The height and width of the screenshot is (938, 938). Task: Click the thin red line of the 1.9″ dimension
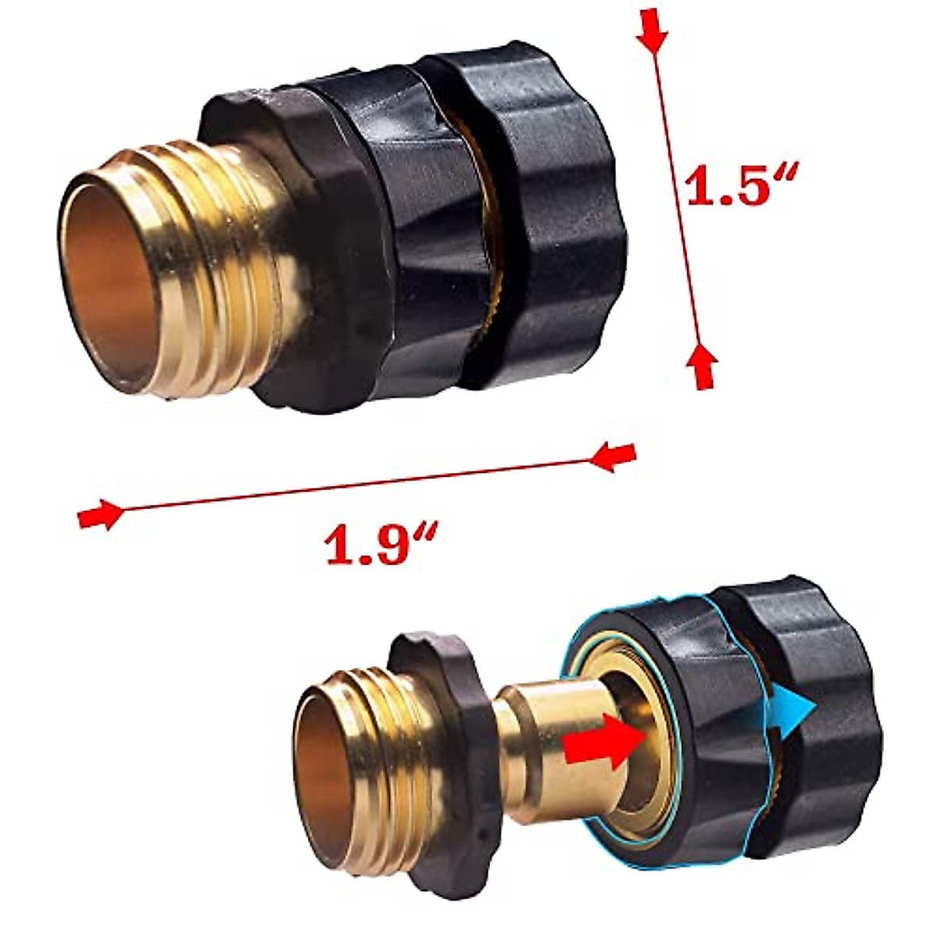click(x=352, y=485)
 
